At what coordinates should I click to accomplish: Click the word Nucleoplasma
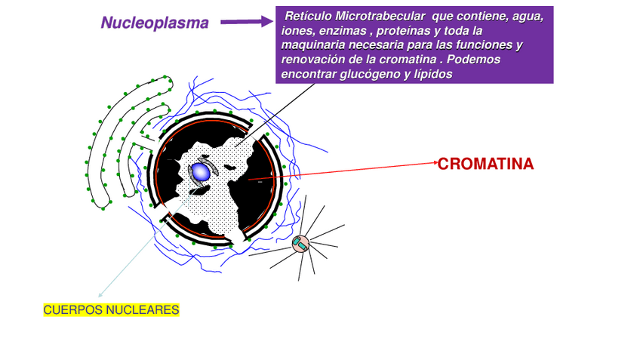(155, 23)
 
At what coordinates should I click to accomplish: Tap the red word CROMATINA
(486, 164)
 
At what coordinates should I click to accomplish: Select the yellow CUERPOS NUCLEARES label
(111, 310)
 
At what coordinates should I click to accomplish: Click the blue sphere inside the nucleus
(200, 171)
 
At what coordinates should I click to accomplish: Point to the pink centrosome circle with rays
(300, 243)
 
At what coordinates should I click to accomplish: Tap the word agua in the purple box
(528, 17)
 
